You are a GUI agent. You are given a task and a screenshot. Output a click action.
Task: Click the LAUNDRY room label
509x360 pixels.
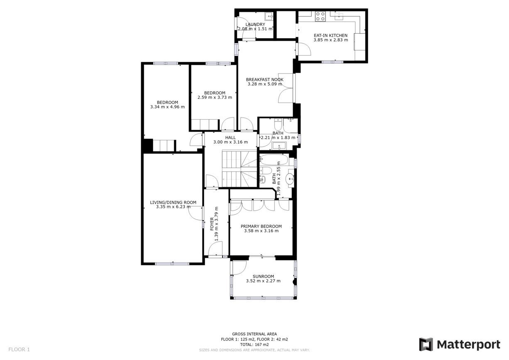tap(255, 24)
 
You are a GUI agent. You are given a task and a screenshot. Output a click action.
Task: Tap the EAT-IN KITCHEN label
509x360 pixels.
tap(330, 35)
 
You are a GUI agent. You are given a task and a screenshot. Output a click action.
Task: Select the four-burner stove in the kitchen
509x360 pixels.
tap(321, 17)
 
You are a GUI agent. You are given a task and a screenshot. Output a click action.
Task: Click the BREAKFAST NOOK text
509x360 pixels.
tap(265, 80)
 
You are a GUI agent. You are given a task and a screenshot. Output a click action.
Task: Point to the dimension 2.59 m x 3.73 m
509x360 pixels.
tap(215, 98)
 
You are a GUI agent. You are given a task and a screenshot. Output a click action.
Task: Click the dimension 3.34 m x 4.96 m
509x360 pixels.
tap(167, 107)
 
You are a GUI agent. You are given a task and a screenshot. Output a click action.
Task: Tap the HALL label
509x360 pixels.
tap(230, 137)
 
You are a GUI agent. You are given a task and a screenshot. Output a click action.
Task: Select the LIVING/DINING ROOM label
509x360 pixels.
tap(173, 202)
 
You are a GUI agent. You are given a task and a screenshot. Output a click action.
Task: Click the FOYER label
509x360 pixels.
tap(212, 224)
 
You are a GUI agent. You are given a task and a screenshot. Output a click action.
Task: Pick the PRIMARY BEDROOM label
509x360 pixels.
tap(261, 226)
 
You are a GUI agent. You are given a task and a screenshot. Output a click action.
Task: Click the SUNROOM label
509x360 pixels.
tap(263, 277)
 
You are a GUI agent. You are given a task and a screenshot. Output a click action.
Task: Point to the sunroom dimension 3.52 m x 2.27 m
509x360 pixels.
tap(263, 281)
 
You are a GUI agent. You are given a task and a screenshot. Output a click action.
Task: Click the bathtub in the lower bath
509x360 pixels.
tap(274, 160)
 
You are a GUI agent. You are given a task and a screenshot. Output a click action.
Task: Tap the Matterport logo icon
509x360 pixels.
tap(426, 345)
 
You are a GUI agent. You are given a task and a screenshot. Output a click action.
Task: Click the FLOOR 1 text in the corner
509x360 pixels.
tap(19, 349)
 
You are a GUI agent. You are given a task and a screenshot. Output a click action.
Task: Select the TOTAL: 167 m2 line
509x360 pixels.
tap(254, 345)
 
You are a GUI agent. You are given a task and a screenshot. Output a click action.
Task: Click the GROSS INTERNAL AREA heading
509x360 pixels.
tap(254, 334)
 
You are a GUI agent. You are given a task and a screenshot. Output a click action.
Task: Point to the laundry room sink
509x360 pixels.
tap(269, 16)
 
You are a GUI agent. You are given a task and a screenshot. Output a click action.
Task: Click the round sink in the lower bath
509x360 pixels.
tap(290, 179)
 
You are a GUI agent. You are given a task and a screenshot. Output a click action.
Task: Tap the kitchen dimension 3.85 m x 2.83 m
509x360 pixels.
tap(331, 40)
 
